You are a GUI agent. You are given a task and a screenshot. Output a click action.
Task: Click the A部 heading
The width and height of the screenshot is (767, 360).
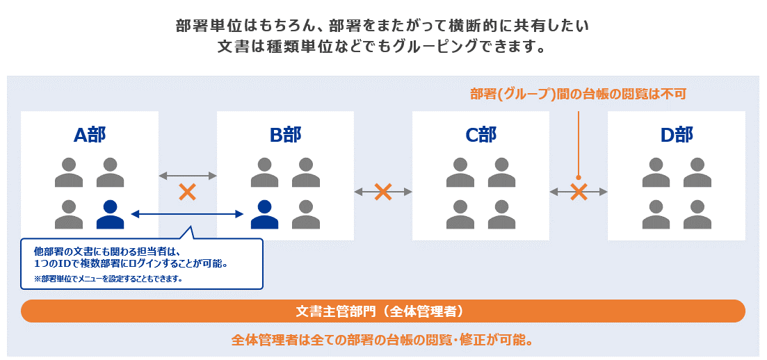(90, 135)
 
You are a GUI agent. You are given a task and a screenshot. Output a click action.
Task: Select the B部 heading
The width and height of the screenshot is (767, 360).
(285, 135)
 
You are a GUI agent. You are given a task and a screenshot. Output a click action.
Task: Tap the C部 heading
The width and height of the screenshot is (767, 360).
(481, 135)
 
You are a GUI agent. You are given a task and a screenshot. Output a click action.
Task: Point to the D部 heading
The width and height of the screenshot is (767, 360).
(677, 135)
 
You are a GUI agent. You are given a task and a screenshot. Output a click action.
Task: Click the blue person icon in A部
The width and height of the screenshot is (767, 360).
(110, 214)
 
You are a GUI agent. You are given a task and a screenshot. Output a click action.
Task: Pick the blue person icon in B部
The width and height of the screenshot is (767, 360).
(264, 214)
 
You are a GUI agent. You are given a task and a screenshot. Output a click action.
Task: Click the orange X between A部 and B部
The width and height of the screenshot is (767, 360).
(187, 192)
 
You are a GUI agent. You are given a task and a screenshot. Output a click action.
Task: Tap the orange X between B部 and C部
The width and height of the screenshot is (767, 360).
(383, 192)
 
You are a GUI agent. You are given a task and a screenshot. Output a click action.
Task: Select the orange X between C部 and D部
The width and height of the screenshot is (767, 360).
(579, 192)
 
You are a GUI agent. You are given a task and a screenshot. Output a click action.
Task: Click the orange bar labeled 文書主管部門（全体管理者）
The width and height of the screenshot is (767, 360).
(383, 311)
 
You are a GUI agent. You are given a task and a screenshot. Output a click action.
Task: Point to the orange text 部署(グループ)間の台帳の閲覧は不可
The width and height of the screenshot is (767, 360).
(578, 94)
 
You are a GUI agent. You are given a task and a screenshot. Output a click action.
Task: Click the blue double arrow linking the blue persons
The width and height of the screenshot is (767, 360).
(187, 215)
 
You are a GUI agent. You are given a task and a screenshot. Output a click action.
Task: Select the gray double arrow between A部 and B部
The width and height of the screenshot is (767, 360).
(187, 176)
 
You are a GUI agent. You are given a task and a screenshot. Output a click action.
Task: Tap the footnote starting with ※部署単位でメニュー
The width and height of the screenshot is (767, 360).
(108, 279)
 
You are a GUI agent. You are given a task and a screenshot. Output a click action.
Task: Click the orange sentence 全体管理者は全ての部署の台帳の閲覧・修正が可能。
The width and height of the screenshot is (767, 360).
(382, 341)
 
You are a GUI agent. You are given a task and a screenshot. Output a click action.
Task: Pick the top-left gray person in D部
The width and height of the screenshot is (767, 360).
(656, 173)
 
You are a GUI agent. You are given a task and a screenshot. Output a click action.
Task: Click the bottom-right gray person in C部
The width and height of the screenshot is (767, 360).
(501, 214)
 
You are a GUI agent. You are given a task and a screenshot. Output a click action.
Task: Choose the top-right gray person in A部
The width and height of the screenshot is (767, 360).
(110, 173)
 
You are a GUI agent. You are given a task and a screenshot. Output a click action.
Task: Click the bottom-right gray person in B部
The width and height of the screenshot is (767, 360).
(306, 214)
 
